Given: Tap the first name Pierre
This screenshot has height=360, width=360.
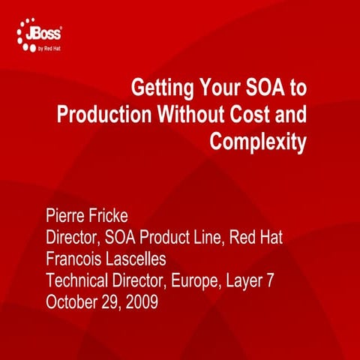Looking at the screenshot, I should (x=68, y=218).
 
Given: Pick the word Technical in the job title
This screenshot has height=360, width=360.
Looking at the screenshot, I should (x=80, y=282).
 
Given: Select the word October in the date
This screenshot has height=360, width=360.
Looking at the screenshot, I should (x=72, y=303).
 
